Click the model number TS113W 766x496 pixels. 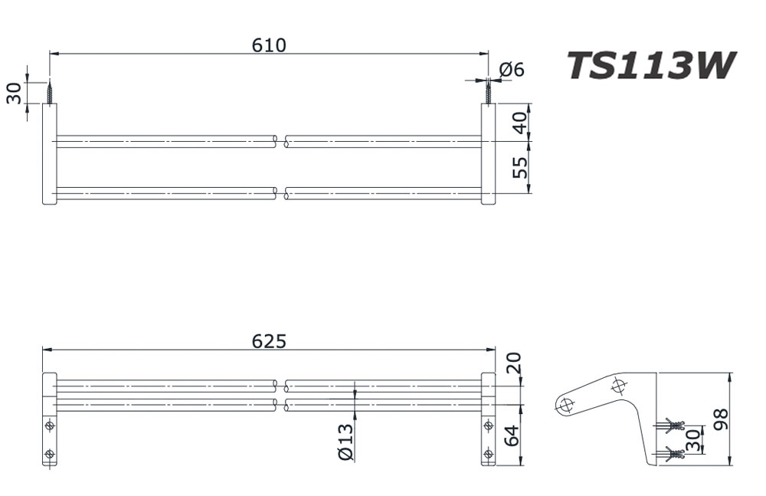coord(650,66)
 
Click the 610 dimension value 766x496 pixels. coord(269,45)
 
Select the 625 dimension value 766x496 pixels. coord(269,341)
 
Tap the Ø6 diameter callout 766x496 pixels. coord(512,70)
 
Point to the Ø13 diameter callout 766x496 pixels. coord(345,442)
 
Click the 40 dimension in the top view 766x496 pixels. coord(520,123)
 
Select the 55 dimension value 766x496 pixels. coord(520,167)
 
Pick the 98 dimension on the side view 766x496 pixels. coord(721,419)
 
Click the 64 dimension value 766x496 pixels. coord(512,436)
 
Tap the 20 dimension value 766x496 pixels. coord(513,363)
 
